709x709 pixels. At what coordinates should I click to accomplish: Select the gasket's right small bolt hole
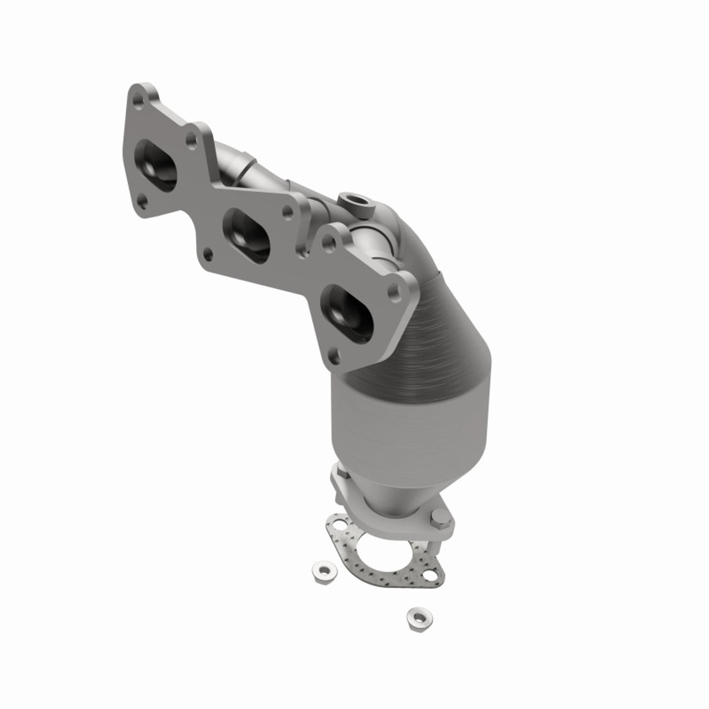[x=430, y=576]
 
